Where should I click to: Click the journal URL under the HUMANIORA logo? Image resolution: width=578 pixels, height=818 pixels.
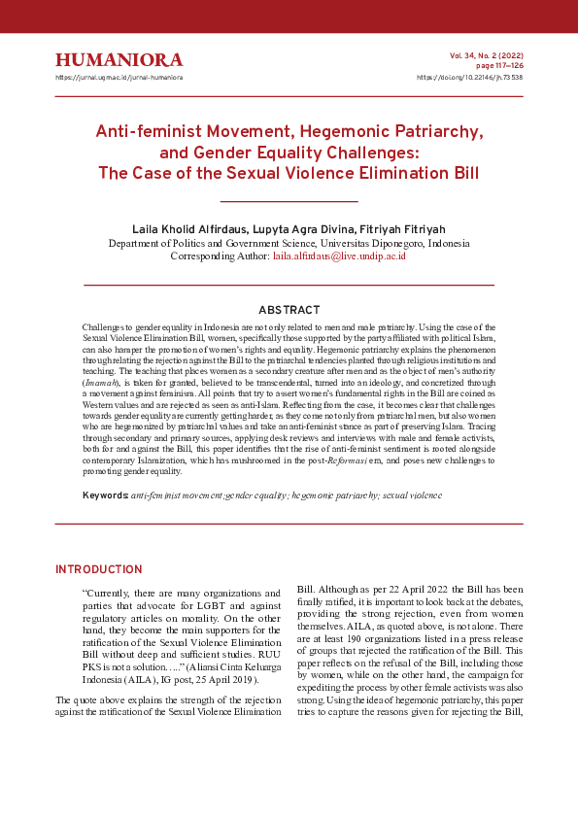point(119,77)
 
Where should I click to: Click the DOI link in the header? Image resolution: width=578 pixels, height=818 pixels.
point(469,77)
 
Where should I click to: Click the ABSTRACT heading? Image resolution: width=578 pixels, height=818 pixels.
point(289,311)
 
